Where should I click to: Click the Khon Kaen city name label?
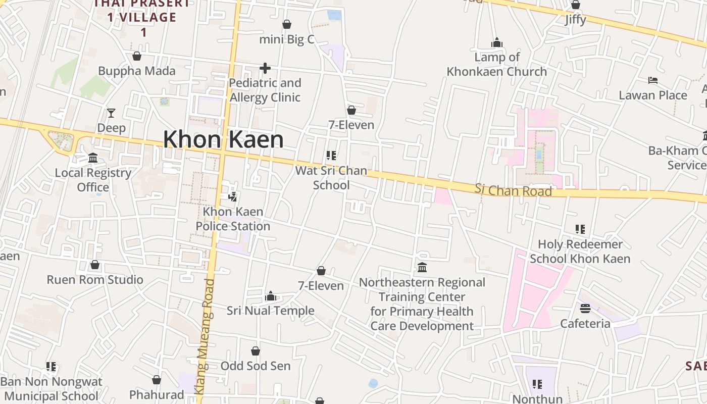pyautogui.click(x=223, y=139)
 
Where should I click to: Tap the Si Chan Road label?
pyautogui.click(x=513, y=190)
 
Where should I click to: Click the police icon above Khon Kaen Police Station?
pyautogui.click(x=233, y=196)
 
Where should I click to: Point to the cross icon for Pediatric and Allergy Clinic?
pyautogui.click(x=265, y=68)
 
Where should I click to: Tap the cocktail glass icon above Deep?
pyautogui.click(x=111, y=113)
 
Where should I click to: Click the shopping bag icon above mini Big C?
pyautogui.click(x=287, y=24)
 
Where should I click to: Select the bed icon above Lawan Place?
pyautogui.click(x=653, y=80)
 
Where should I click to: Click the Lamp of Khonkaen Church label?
pyautogui.click(x=496, y=64)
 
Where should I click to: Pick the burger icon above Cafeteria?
pyautogui.click(x=585, y=308)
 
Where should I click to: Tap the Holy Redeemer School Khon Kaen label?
pyautogui.click(x=580, y=251)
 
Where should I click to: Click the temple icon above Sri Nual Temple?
pyautogui.click(x=271, y=296)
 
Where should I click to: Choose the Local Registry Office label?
pyautogui.click(x=93, y=180)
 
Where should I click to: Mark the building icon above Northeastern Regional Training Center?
pyautogui.click(x=422, y=267)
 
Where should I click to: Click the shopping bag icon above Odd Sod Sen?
pyautogui.click(x=256, y=351)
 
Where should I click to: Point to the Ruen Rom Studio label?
pyautogui.click(x=95, y=280)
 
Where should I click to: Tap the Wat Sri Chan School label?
pyautogui.click(x=331, y=178)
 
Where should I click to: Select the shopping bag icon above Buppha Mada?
pyautogui.click(x=136, y=56)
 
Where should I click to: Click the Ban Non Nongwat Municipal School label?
pyautogui.click(x=51, y=389)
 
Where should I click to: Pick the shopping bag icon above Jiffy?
pyautogui.click(x=575, y=5)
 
